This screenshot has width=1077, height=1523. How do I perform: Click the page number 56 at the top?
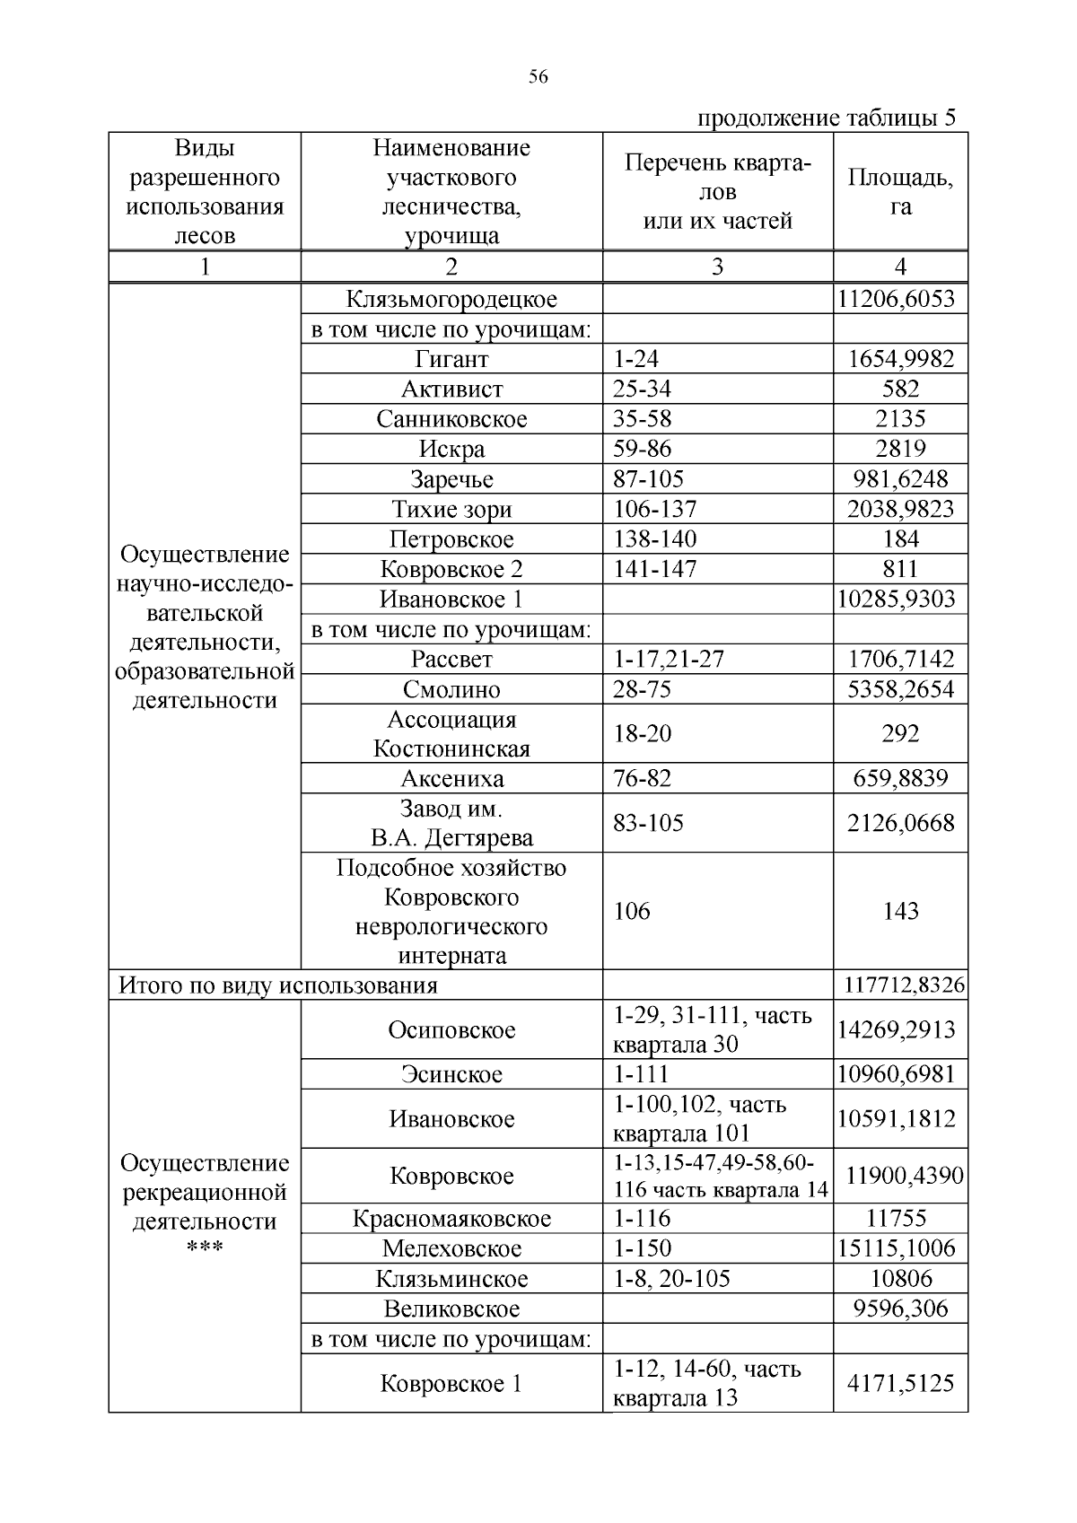tap(538, 77)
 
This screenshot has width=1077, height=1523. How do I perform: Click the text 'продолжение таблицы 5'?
tap(827, 118)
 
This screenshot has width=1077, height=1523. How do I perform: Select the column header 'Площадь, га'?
tap(900, 191)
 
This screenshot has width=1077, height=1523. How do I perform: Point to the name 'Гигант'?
tap(451, 359)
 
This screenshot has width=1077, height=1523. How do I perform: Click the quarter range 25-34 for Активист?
tap(642, 389)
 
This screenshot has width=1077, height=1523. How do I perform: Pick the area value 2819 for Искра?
tap(900, 449)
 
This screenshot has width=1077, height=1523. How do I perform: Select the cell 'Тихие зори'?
tap(451, 510)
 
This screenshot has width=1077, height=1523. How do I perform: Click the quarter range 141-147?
tap(654, 569)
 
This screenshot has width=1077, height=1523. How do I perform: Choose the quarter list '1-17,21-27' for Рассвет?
tap(668, 659)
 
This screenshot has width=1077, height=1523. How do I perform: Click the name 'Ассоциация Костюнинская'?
tap(451, 733)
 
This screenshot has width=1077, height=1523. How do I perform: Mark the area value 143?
tap(900, 911)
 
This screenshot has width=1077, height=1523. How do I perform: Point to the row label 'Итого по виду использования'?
tap(278, 985)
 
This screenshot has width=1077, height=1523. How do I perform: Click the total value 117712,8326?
tap(904, 985)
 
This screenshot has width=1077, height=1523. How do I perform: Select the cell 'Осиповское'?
tap(451, 1029)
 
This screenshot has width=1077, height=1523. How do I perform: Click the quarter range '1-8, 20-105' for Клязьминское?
tap(671, 1278)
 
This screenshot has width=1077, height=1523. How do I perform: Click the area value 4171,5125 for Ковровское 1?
tap(900, 1383)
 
